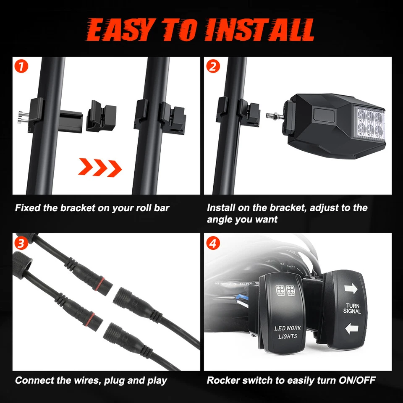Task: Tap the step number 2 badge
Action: tap(213, 66)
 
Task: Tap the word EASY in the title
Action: tap(118, 30)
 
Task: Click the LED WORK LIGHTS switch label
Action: tap(288, 332)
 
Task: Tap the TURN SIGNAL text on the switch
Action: tap(352, 309)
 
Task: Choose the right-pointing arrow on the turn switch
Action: tap(351, 288)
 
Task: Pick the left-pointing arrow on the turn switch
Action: tap(351, 329)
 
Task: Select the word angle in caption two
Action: tap(220, 219)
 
